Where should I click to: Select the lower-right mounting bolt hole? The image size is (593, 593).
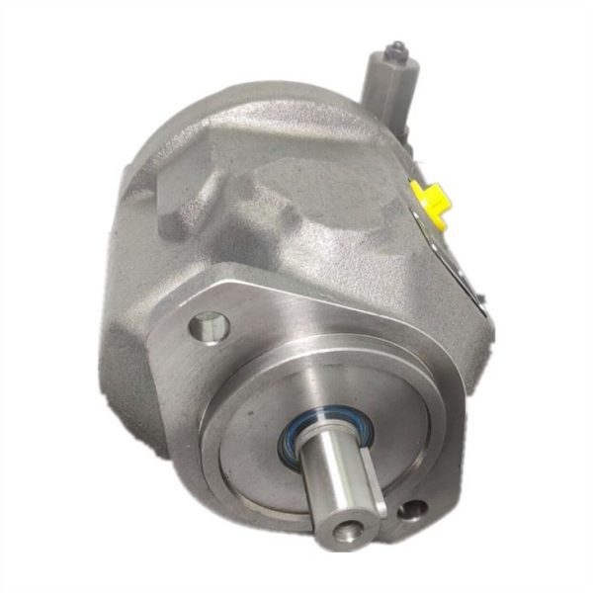(x=413, y=511)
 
